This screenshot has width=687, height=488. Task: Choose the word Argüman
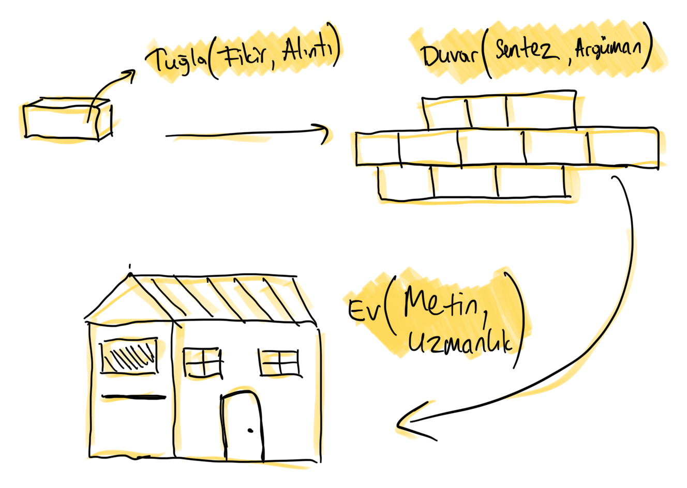click(x=608, y=51)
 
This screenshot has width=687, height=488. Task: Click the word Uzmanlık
click(x=460, y=344)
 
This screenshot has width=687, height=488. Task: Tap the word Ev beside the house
click(x=364, y=310)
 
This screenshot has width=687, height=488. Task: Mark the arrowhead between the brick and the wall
click(x=325, y=135)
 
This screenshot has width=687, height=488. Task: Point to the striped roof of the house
click(x=217, y=297)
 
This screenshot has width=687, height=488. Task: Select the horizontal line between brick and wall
click(x=222, y=139)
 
